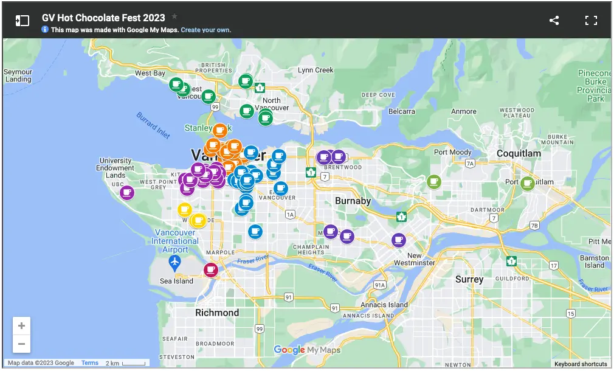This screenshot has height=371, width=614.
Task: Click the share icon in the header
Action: point(554,21)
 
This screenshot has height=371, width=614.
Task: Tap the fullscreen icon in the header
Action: point(591,21)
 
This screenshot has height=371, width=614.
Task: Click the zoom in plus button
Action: point(21,326)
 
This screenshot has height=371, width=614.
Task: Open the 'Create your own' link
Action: point(205,30)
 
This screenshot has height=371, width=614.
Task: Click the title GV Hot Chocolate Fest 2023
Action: point(103,18)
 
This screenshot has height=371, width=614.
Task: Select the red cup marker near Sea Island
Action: point(211,269)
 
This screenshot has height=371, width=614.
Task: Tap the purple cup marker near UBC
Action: point(126,192)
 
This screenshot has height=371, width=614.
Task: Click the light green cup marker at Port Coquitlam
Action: point(527,182)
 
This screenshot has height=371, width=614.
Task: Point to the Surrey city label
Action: point(469,279)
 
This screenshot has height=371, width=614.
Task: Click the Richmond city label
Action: point(217,313)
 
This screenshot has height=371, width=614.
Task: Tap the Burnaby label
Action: point(353,201)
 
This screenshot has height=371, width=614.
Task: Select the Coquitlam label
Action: point(519,154)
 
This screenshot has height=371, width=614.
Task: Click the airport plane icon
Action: point(175,262)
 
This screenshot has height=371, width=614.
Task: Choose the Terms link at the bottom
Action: point(90,363)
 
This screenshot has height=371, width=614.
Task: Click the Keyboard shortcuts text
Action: point(580,364)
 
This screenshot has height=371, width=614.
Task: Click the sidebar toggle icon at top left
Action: point(22,21)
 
